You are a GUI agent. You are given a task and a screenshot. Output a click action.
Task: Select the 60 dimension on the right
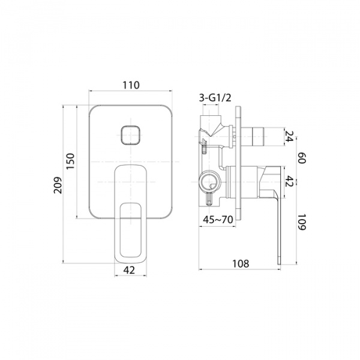[302, 158]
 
